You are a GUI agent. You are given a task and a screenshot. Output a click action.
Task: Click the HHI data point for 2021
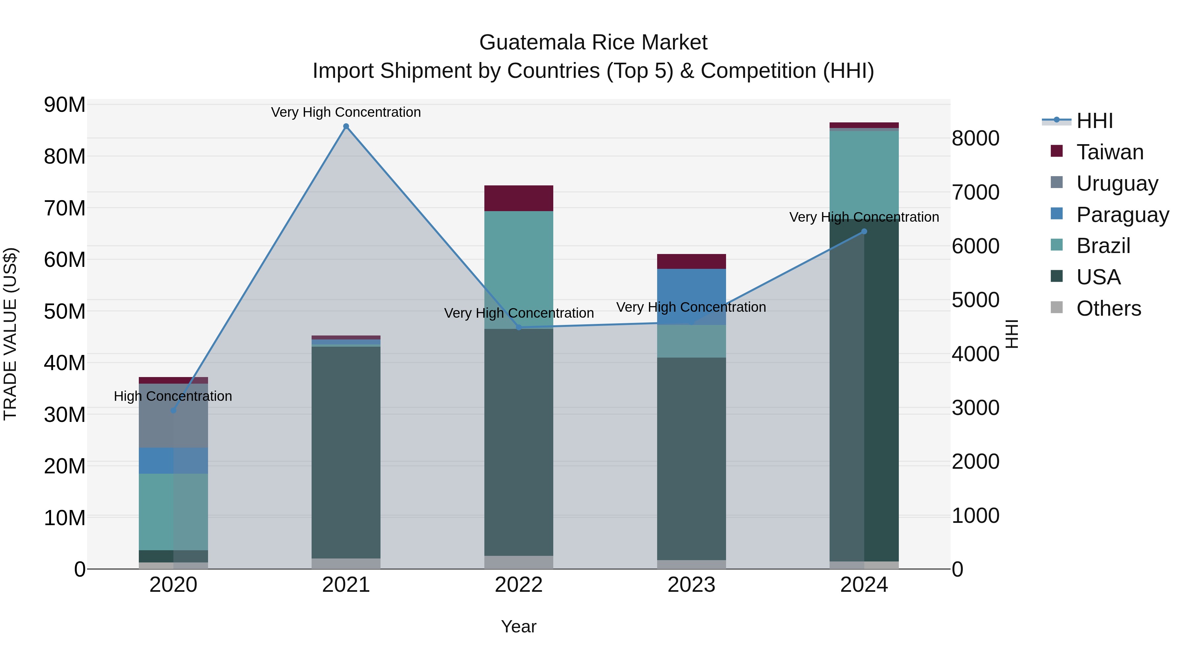pyautogui.click(x=346, y=126)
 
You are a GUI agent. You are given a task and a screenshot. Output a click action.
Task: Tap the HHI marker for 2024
pyautogui.click(x=864, y=232)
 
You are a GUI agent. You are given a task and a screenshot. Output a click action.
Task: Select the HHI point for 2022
pyautogui.click(x=519, y=327)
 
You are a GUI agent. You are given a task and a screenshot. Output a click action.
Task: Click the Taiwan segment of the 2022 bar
pyautogui.click(x=519, y=198)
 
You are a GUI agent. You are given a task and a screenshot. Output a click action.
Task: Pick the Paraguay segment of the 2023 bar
pyautogui.click(x=691, y=295)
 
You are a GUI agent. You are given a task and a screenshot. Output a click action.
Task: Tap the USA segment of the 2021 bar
pyautogui.click(x=346, y=452)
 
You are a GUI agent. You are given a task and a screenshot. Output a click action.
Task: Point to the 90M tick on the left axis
pyautogui.click(x=65, y=105)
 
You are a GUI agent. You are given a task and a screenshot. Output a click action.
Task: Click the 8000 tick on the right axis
pyautogui.click(x=976, y=138)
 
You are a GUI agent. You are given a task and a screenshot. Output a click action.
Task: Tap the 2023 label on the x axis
pyautogui.click(x=691, y=585)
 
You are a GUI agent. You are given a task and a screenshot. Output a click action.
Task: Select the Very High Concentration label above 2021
pyautogui.click(x=346, y=112)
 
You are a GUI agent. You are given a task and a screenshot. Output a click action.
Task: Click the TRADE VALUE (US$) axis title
pyautogui.click(x=10, y=334)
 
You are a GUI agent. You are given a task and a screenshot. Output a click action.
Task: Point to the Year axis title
pyautogui.click(x=519, y=626)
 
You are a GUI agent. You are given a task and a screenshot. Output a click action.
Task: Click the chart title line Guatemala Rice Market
pyautogui.click(x=593, y=43)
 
